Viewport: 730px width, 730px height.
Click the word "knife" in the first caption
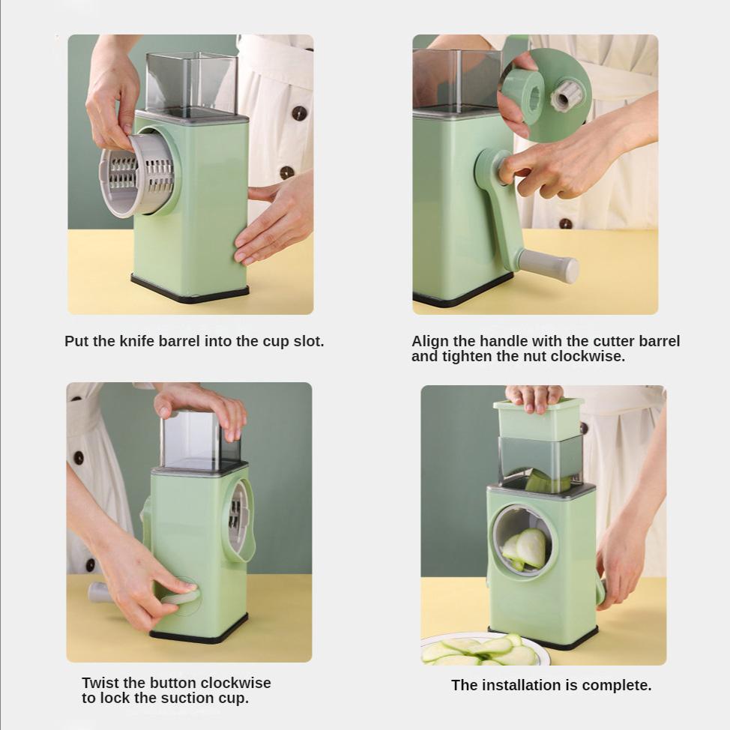click(x=135, y=341)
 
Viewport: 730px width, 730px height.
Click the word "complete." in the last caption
click(x=618, y=685)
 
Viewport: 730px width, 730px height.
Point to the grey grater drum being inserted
click(x=139, y=174)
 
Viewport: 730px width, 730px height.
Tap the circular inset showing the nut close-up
click(x=545, y=95)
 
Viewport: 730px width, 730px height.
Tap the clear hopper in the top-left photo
click(x=191, y=82)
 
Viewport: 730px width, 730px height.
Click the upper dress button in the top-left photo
click(x=299, y=113)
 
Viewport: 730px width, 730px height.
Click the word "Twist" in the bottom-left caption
click(x=101, y=683)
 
